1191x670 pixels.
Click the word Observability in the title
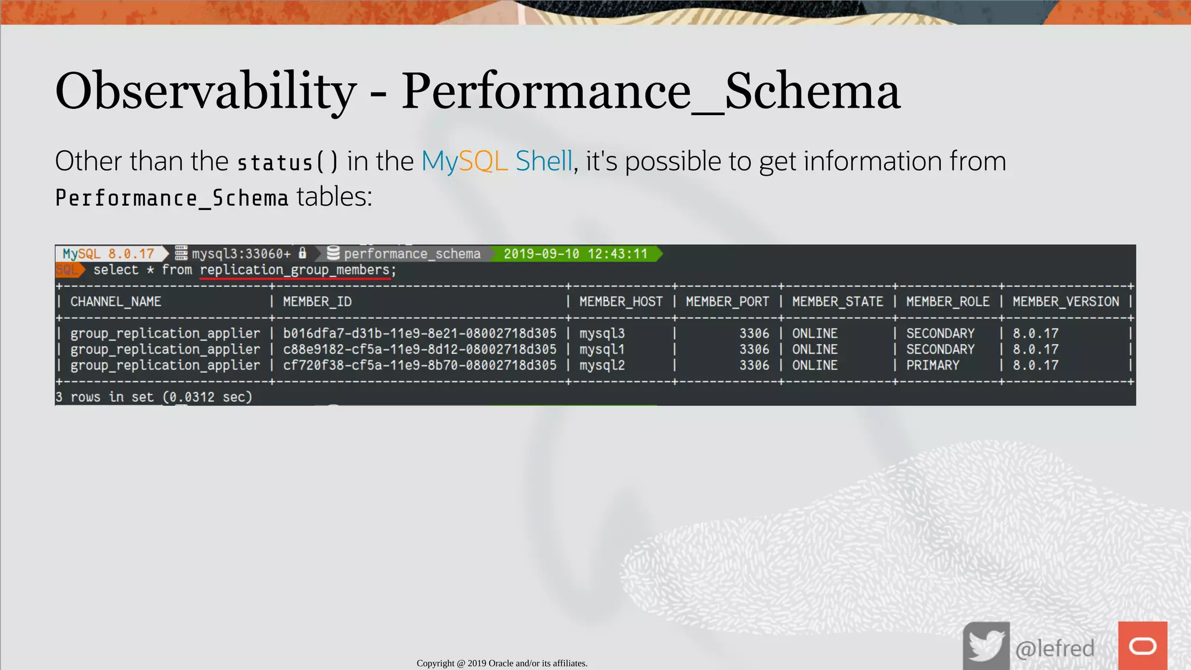tap(205, 91)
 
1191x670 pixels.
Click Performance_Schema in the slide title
tap(651, 91)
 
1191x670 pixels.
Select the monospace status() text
tap(287, 162)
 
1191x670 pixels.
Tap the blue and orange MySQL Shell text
tap(497, 161)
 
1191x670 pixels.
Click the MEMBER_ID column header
tap(317, 302)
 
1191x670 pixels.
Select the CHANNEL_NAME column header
tap(116, 302)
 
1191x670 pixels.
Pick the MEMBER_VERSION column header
tap(1065, 302)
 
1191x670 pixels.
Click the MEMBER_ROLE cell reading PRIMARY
tap(932, 365)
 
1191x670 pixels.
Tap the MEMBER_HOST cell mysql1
tap(601, 350)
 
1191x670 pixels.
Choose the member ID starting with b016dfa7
tap(419, 334)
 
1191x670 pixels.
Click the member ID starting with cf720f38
tap(419, 365)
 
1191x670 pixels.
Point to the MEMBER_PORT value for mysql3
tap(754, 334)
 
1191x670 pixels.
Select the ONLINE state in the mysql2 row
tap(814, 365)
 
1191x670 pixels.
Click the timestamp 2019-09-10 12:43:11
tap(575, 254)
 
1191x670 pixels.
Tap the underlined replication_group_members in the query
tap(295, 270)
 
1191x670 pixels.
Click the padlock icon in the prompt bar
tap(302, 253)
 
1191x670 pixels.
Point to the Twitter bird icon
tap(986, 646)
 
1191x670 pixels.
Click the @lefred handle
tap(1054, 648)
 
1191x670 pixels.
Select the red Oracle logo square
tap(1142, 646)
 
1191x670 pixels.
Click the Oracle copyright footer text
tap(502, 663)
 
